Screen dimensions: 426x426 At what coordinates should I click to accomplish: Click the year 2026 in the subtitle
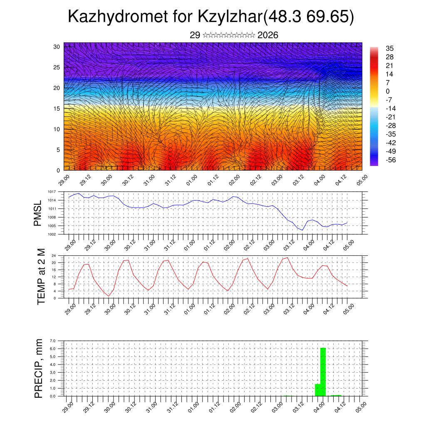coord(267,35)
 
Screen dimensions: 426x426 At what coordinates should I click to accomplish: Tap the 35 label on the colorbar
coord(390,48)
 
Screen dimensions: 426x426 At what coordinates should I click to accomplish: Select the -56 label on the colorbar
coord(391,159)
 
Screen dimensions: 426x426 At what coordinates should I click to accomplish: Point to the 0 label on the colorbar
coord(388,91)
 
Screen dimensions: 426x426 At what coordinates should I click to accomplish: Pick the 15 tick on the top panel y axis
coord(57,109)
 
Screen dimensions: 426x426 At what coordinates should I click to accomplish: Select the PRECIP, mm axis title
coord(39,368)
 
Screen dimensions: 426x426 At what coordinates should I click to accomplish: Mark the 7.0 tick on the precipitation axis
coord(53,341)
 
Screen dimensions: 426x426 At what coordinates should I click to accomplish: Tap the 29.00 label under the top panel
coord(64,181)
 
